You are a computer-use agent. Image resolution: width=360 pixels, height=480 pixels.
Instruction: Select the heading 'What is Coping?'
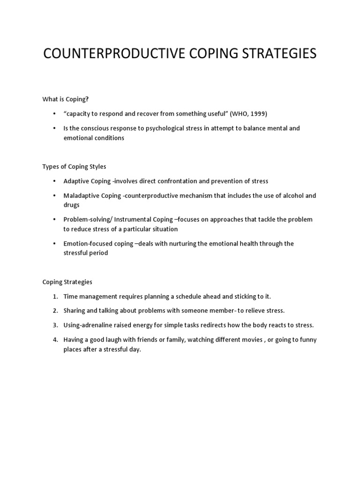(65, 99)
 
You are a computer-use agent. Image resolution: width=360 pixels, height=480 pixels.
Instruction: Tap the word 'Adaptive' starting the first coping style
(77, 181)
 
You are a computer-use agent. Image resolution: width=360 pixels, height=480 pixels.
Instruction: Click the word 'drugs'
(72, 205)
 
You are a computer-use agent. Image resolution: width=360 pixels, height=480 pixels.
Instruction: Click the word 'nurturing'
(167, 243)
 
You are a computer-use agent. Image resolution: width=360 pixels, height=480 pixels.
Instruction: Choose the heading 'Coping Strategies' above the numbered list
(67, 282)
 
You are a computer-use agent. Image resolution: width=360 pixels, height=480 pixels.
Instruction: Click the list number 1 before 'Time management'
(55, 296)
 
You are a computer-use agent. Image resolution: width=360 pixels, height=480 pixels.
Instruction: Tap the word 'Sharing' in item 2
(75, 311)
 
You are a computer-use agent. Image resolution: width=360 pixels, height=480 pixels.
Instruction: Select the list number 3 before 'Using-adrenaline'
(55, 325)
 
